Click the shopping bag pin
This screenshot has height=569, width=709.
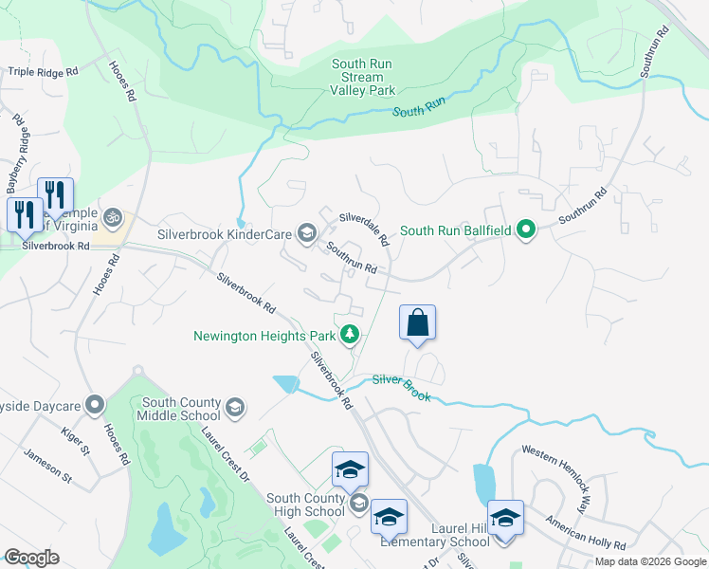tap(417, 323)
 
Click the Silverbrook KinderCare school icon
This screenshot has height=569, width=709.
tap(306, 232)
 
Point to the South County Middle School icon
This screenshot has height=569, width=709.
tap(235, 409)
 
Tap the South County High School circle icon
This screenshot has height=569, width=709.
tap(358, 504)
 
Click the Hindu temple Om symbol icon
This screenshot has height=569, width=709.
tap(114, 217)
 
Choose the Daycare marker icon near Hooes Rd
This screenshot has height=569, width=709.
tap(94, 406)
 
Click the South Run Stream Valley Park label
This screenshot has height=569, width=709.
tap(362, 78)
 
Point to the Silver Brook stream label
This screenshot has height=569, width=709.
tap(402, 386)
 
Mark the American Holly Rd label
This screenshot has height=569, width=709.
tap(585, 533)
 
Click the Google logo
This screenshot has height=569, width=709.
tap(32, 557)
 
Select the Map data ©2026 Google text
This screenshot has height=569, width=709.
tap(649, 561)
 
